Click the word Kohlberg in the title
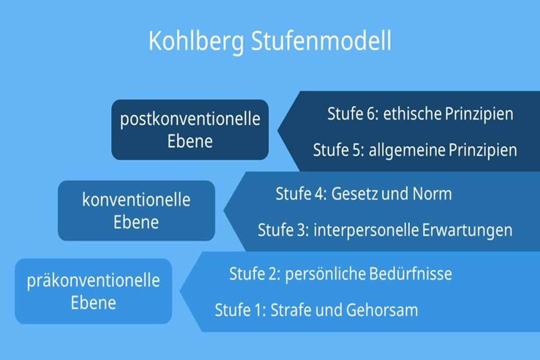(196, 42)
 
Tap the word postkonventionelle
(190, 119)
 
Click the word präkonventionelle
(94, 281)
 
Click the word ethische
(412, 114)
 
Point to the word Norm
(432, 194)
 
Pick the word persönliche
(325, 274)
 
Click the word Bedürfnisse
(410, 274)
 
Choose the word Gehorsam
(382, 310)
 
